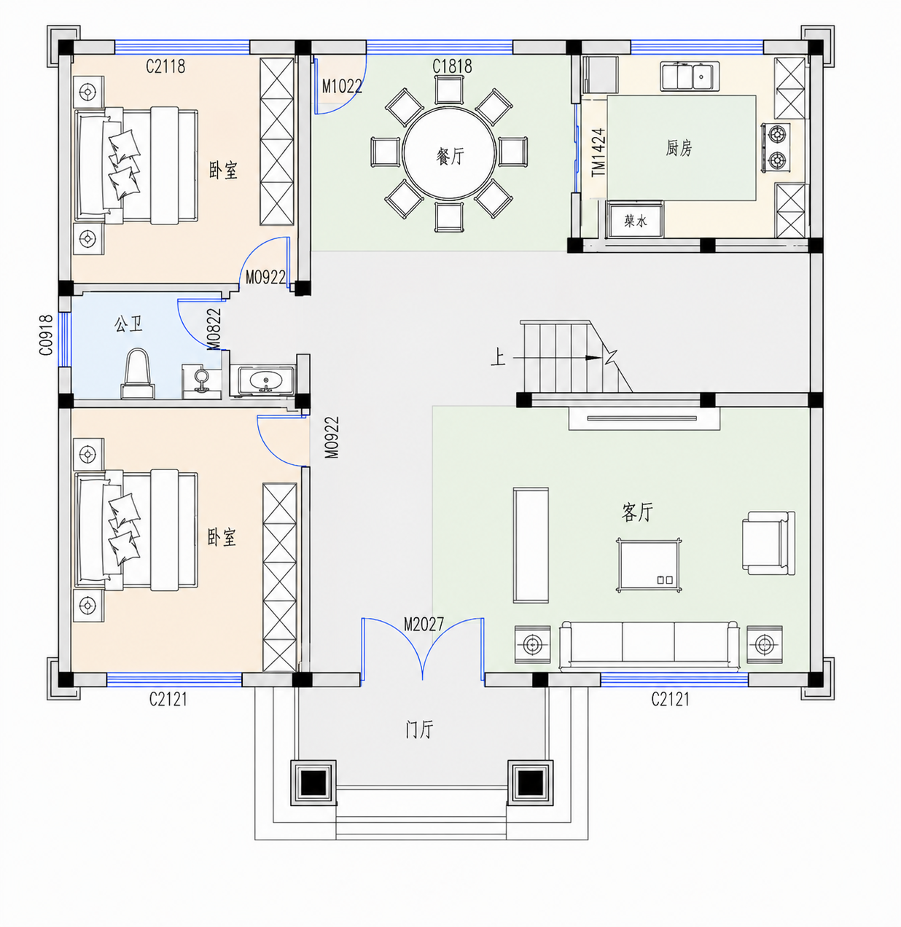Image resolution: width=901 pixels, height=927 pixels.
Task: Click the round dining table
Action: [x=449, y=153]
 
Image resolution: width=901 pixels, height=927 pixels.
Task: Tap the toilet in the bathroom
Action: [x=137, y=374]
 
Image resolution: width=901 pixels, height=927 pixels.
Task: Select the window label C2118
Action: [x=165, y=66]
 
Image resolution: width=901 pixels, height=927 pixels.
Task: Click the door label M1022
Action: [x=342, y=86]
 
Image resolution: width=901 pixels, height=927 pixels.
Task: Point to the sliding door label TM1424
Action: [x=598, y=152]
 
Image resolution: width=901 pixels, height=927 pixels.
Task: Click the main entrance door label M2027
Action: [x=424, y=624]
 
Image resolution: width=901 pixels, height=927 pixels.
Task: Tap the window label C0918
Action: [x=46, y=335]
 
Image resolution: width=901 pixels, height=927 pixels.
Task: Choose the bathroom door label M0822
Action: [x=214, y=329]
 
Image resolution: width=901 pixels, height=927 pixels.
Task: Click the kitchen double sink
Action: [x=690, y=76]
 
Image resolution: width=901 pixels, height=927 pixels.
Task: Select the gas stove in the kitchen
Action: [x=776, y=147]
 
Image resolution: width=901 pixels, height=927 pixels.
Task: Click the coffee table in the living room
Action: [x=649, y=566]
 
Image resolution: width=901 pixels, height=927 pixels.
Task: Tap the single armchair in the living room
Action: [x=768, y=543]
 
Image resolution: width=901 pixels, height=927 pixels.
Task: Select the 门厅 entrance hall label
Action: [x=419, y=730]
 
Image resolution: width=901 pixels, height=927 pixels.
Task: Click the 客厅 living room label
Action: [x=638, y=512]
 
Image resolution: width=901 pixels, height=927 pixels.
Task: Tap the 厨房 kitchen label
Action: [x=679, y=148]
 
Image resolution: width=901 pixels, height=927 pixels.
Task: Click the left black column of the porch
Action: [x=313, y=783]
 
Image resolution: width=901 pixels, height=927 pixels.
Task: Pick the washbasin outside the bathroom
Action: [x=265, y=380]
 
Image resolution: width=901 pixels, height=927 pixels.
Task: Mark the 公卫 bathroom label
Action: [x=128, y=324]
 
